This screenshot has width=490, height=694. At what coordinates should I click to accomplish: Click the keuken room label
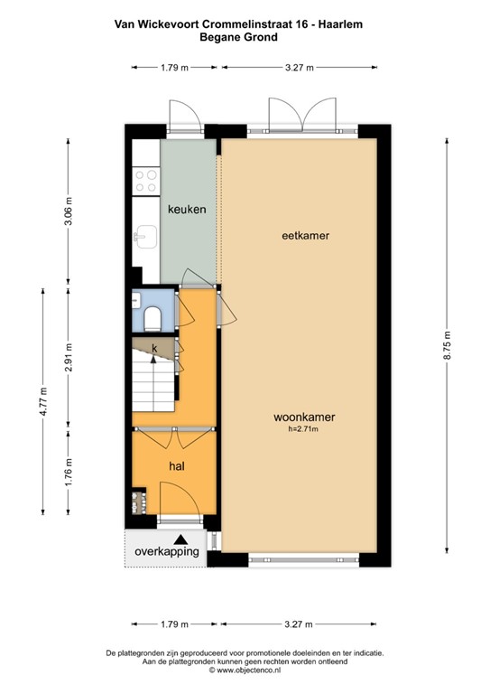(187, 209)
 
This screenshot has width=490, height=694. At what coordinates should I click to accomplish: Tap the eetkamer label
(305, 236)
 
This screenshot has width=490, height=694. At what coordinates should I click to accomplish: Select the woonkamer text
(304, 417)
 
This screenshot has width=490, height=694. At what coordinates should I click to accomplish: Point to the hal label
(177, 465)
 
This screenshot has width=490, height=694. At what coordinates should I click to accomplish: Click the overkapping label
(167, 552)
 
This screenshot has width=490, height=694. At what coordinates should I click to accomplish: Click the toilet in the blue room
(153, 318)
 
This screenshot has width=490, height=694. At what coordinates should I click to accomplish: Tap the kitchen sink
(145, 237)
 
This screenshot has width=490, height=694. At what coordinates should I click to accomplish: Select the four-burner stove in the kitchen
(146, 181)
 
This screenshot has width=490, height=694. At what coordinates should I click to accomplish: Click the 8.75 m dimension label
(447, 346)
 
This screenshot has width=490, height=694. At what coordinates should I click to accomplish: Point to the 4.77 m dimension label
(42, 401)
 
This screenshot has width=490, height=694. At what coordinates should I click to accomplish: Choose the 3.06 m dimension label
(68, 211)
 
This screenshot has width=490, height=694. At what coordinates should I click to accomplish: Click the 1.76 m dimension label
(68, 472)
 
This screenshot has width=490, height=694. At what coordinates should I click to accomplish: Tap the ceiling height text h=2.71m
(303, 428)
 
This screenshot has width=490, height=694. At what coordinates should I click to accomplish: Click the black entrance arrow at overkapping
(180, 539)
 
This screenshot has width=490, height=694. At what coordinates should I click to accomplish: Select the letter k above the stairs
(154, 348)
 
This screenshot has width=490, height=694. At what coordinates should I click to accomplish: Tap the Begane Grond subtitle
(238, 37)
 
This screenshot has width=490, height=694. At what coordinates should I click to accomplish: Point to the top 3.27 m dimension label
(300, 67)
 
